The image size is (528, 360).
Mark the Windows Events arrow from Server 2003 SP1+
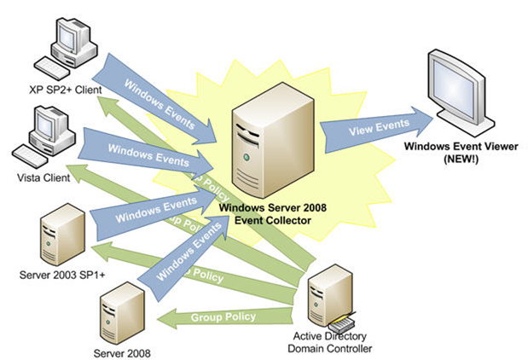coord(154,211)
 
